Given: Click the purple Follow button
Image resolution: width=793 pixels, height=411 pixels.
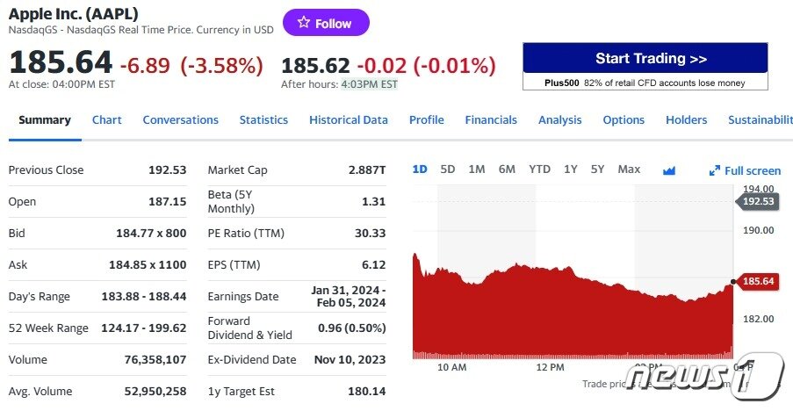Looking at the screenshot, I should (x=326, y=24).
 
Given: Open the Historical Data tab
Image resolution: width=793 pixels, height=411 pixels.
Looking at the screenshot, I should (x=348, y=119).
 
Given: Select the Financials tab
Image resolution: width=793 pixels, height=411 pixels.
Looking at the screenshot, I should (x=491, y=119).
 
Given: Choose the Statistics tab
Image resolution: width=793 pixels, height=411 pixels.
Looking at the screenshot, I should (x=263, y=119).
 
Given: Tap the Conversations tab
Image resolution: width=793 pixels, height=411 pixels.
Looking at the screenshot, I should (x=180, y=119).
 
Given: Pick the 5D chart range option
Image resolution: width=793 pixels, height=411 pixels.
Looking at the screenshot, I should (x=448, y=169).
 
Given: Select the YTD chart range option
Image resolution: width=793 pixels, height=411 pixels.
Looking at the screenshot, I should (x=539, y=169).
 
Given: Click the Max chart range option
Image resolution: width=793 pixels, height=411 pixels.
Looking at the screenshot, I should (x=629, y=169).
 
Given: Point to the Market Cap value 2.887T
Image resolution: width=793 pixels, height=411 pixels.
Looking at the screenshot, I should (x=367, y=169).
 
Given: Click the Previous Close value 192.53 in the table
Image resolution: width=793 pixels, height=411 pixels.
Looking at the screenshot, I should (x=167, y=169).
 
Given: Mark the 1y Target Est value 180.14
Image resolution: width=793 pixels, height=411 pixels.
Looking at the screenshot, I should (x=367, y=391).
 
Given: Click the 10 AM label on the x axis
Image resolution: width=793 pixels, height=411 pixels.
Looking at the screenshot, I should (x=451, y=366).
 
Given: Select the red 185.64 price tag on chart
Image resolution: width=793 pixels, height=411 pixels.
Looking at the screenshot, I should (x=758, y=281).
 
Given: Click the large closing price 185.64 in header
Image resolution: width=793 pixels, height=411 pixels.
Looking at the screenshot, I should (x=61, y=62).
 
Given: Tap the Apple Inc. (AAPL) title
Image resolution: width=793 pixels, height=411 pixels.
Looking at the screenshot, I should (x=73, y=14).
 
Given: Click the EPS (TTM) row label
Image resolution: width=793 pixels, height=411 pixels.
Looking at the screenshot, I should (x=234, y=264).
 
